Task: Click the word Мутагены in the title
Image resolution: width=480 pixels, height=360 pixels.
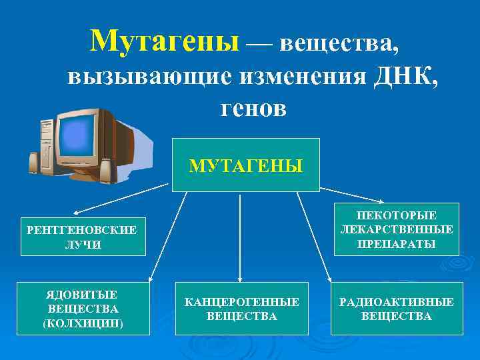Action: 164,41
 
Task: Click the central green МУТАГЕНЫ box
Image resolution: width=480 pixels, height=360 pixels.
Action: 246,165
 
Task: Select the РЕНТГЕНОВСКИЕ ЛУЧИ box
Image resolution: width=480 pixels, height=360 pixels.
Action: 83,237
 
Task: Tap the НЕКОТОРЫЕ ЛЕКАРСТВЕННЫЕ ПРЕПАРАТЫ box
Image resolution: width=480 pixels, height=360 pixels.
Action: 397,229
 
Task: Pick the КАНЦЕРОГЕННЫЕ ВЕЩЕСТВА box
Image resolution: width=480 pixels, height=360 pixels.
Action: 241,309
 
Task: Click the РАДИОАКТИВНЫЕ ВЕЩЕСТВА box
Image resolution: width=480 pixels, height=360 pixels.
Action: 397,309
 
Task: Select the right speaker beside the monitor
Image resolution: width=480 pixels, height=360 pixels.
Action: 105,171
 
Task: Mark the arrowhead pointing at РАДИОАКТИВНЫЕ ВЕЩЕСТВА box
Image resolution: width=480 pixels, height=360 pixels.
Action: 329,279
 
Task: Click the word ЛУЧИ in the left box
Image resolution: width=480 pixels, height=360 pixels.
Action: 83,245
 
